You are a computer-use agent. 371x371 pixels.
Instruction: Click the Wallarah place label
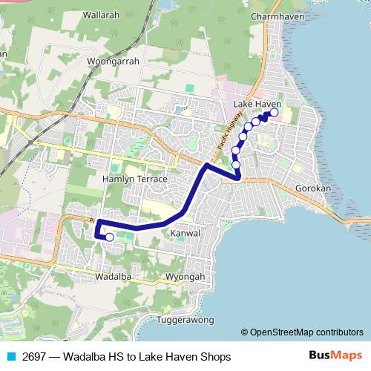pyautogui.click(x=102, y=14)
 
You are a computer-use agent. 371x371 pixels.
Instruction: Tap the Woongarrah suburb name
pyautogui.click(x=113, y=62)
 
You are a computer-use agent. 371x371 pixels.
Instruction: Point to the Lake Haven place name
pyautogui.click(x=257, y=105)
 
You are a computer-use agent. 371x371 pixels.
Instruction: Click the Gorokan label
pyautogui.click(x=312, y=188)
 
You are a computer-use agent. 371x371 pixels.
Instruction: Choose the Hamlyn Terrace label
pyautogui.click(x=135, y=180)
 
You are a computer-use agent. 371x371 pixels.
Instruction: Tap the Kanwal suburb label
pyautogui.click(x=185, y=233)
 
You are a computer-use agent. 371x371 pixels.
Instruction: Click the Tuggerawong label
pyautogui.click(x=185, y=320)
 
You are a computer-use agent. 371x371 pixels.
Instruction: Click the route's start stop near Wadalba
pyautogui.click(x=110, y=237)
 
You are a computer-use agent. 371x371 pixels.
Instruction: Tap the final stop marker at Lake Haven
pyautogui.click(x=274, y=112)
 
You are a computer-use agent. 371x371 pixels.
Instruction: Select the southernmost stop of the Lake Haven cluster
pyautogui.click(x=236, y=164)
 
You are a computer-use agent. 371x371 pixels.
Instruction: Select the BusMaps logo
pyautogui.click(x=335, y=356)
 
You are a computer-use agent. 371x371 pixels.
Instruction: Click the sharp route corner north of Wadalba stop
pyautogui.click(x=99, y=222)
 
